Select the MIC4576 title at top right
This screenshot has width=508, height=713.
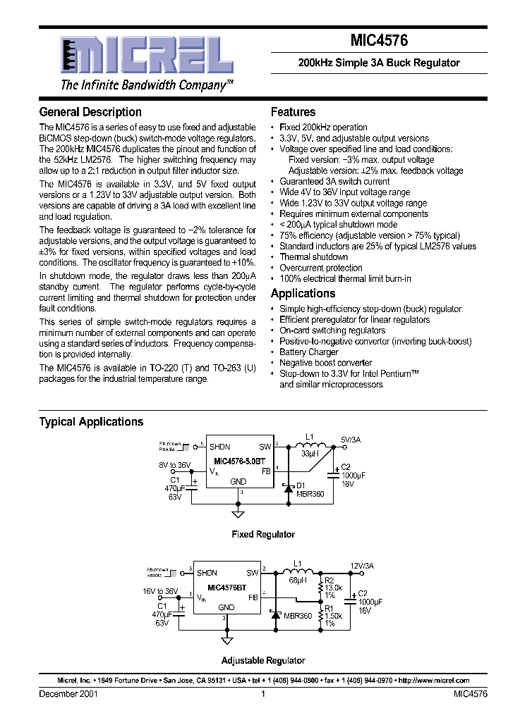(379, 42)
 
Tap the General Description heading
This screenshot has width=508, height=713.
(90, 112)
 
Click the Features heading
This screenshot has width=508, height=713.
(293, 112)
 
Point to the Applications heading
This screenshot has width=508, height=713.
(303, 294)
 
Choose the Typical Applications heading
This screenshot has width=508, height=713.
(91, 422)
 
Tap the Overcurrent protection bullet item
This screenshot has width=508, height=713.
(320, 268)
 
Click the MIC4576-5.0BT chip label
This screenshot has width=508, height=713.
(240, 461)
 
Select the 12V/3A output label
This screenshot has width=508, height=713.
(362, 566)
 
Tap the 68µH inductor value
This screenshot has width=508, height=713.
(296, 581)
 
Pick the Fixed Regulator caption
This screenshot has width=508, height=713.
(263, 535)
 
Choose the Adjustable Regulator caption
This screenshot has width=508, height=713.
(263, 661)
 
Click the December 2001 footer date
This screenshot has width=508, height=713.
(68, 694)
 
